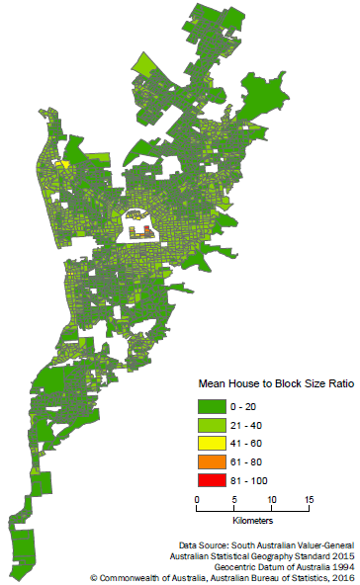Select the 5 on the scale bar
tap(233, 499)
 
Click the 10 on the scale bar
tap(272, 499)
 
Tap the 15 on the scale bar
tap(310, 499)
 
